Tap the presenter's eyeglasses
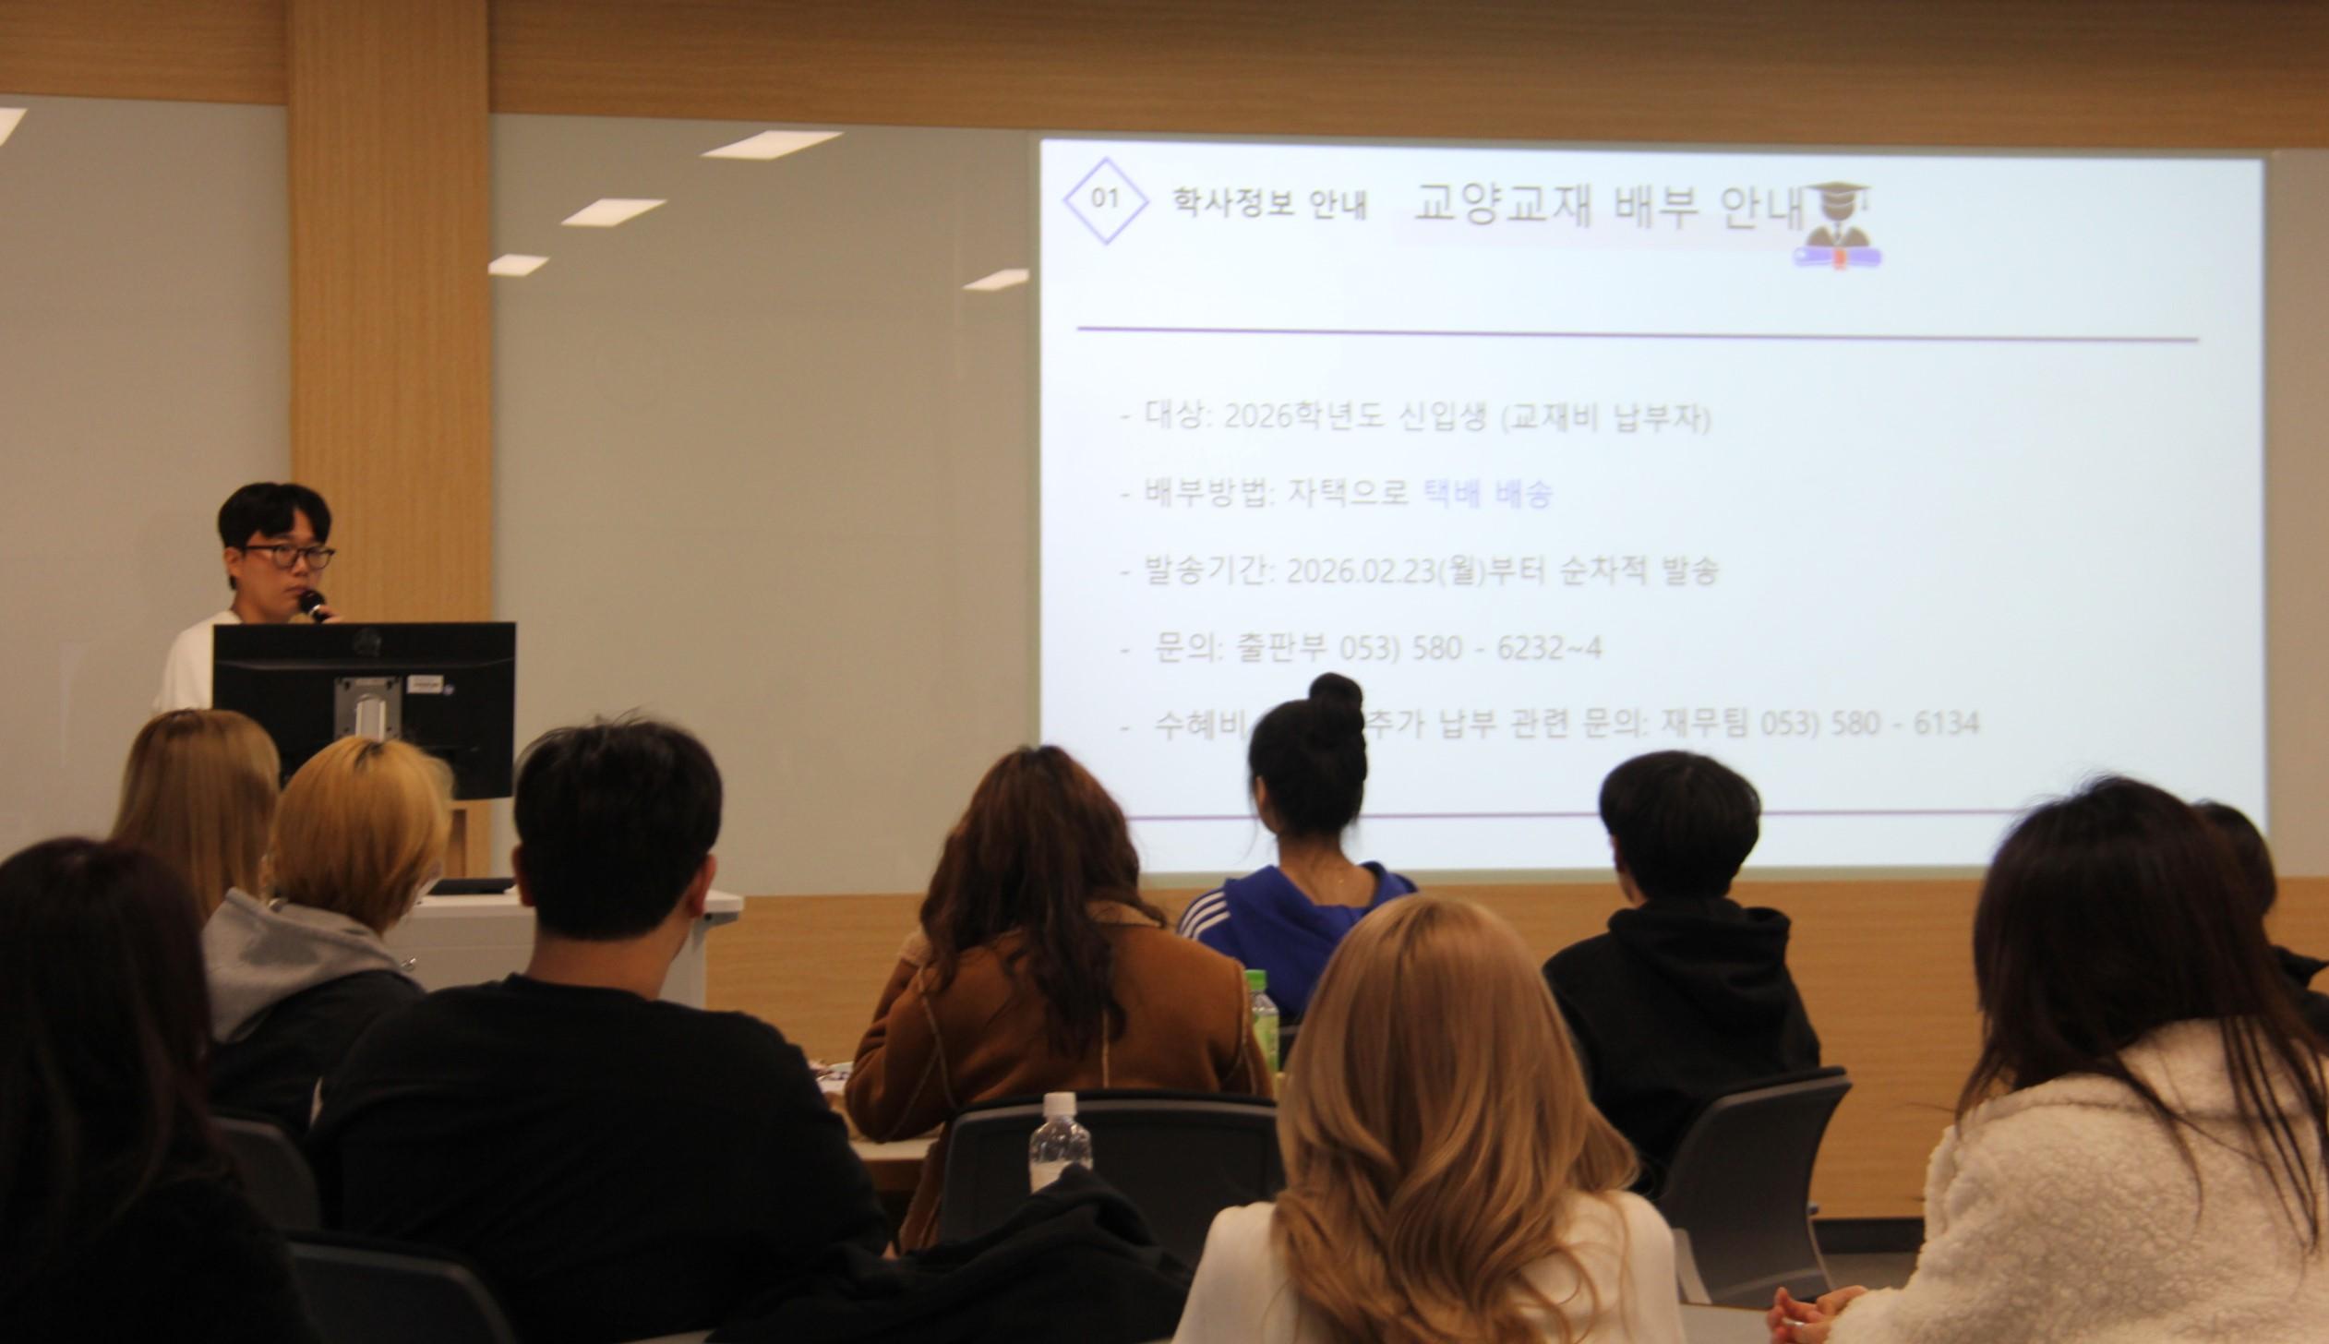[288, 556]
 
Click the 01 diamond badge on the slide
[1105, 199]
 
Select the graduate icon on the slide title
[1837, 225]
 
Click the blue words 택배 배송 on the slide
[1487, 494]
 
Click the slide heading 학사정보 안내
[1269, 202]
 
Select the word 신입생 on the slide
[1441, 417]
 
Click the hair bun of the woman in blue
[1335, 700]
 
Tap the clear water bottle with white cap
[1060, 1142]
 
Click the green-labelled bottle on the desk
[1263, 1019]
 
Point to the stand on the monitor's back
[367, 711]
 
